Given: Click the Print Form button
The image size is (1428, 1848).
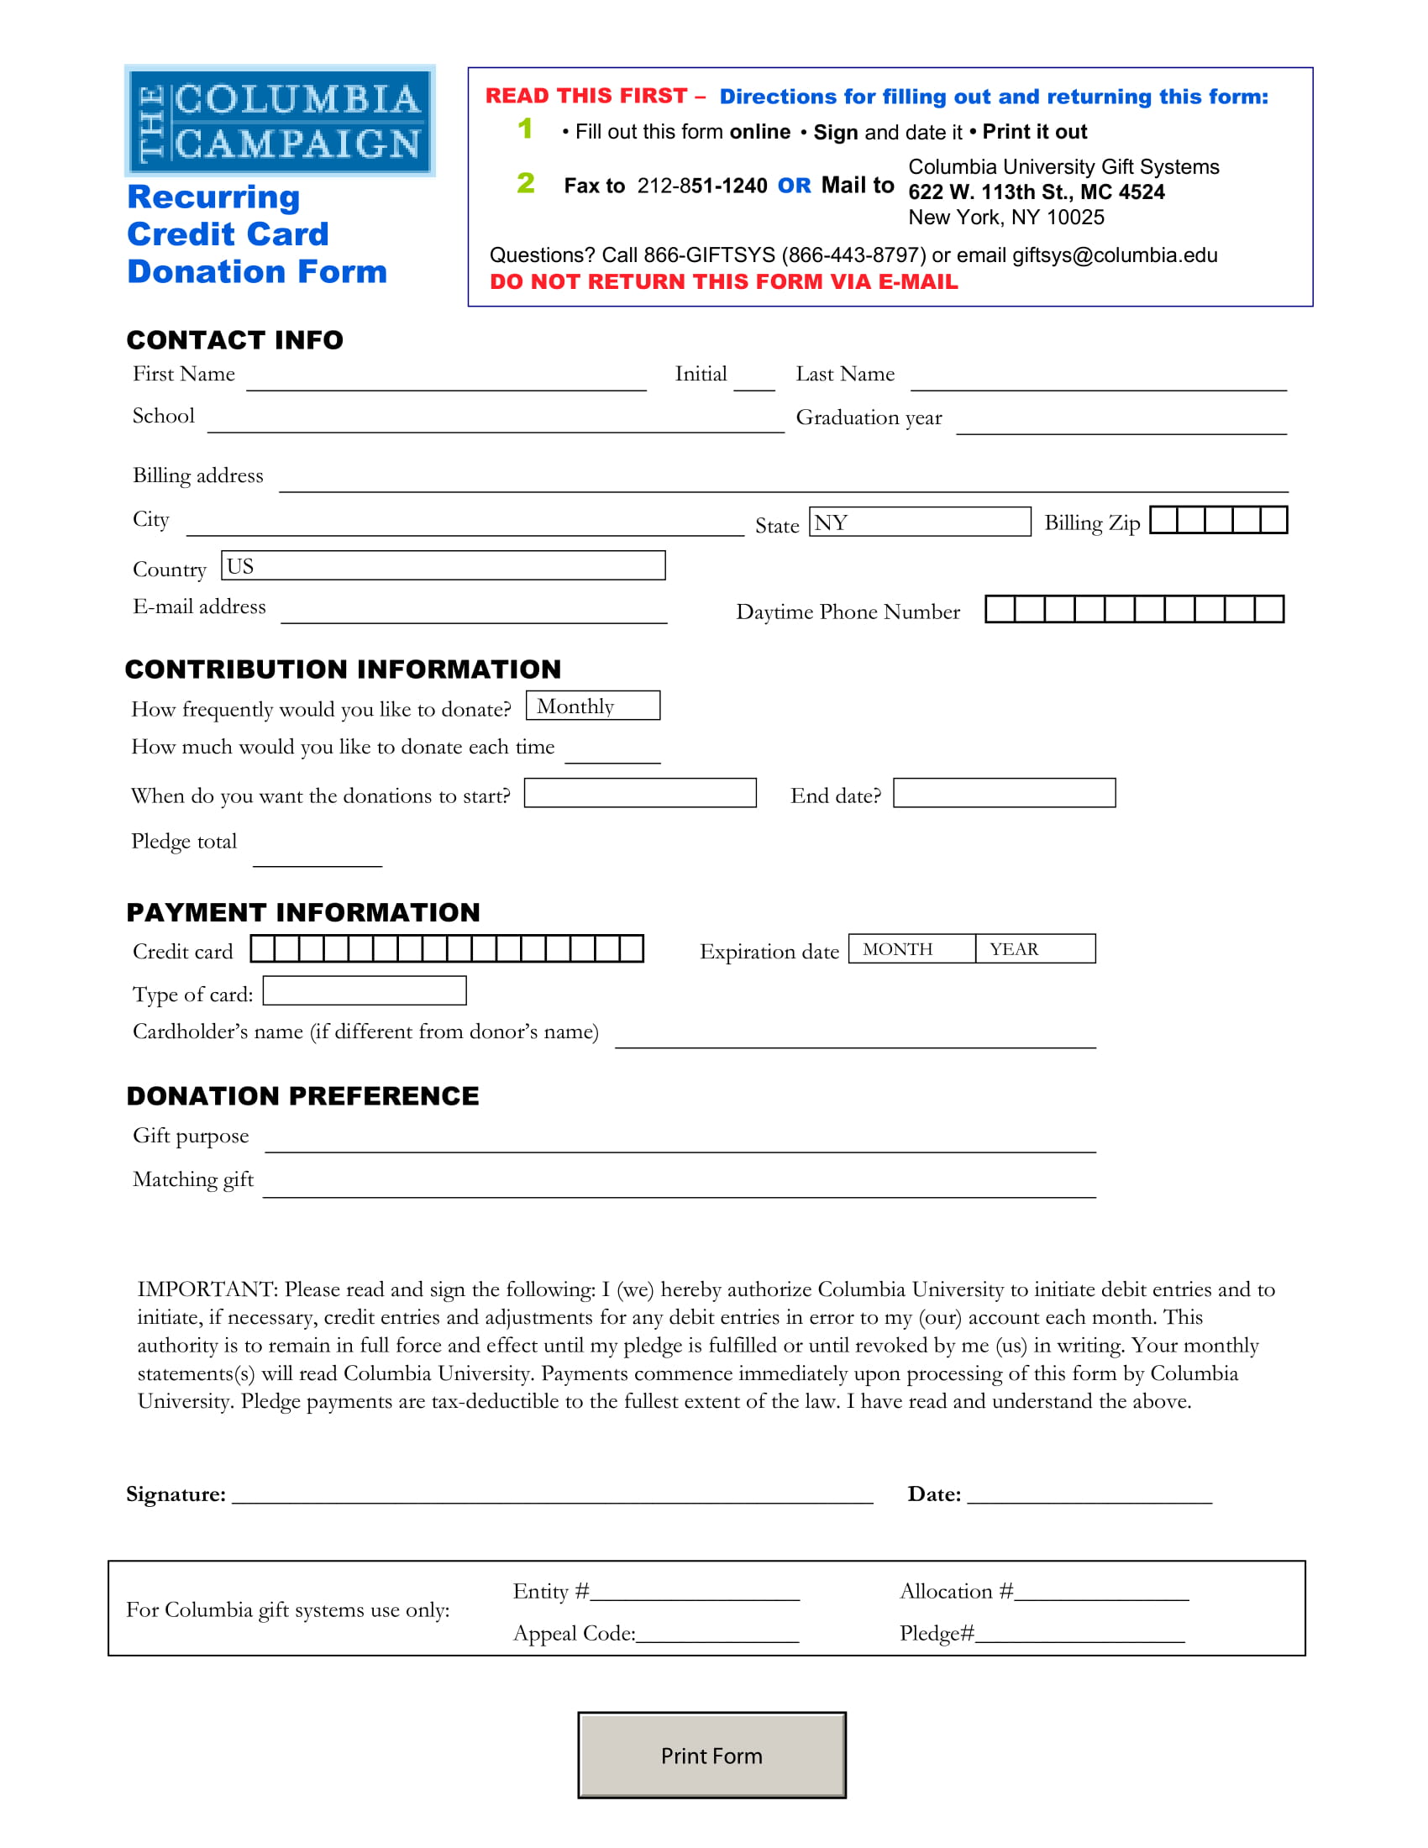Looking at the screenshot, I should click(711, 1755).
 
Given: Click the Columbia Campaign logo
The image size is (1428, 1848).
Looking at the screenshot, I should click(280, 121).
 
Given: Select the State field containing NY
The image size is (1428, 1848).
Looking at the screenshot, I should click(920, 522).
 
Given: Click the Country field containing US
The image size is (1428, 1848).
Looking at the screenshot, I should click(443, 565).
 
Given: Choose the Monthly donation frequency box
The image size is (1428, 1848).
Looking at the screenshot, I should click(592, 706).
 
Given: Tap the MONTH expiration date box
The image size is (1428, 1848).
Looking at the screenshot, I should click(911, 948).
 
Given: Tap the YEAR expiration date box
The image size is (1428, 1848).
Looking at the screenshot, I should click(1034, 948).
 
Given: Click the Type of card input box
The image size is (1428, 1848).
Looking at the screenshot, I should click(365, 991).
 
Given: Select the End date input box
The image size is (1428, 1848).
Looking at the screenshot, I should click(1004, 793).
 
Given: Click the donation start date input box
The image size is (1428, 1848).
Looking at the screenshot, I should click(639, 793).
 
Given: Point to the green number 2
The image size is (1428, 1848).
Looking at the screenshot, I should click(525, 183).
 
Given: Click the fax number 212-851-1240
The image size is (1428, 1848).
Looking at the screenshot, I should click(701, 186).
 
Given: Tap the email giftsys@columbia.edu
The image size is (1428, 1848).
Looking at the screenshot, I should click(1114, 255).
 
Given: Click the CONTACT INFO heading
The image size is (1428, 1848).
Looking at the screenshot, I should click(235, 340).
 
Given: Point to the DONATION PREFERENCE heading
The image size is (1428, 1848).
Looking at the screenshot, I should click(303, 1095).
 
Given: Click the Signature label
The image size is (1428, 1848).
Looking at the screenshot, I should click(176, 1494).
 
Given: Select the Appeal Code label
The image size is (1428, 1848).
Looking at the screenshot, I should click(574, 1633).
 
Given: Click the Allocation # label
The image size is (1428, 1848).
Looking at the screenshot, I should click(955, 1592).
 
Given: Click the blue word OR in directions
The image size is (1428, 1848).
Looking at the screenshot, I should click(794, 186).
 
